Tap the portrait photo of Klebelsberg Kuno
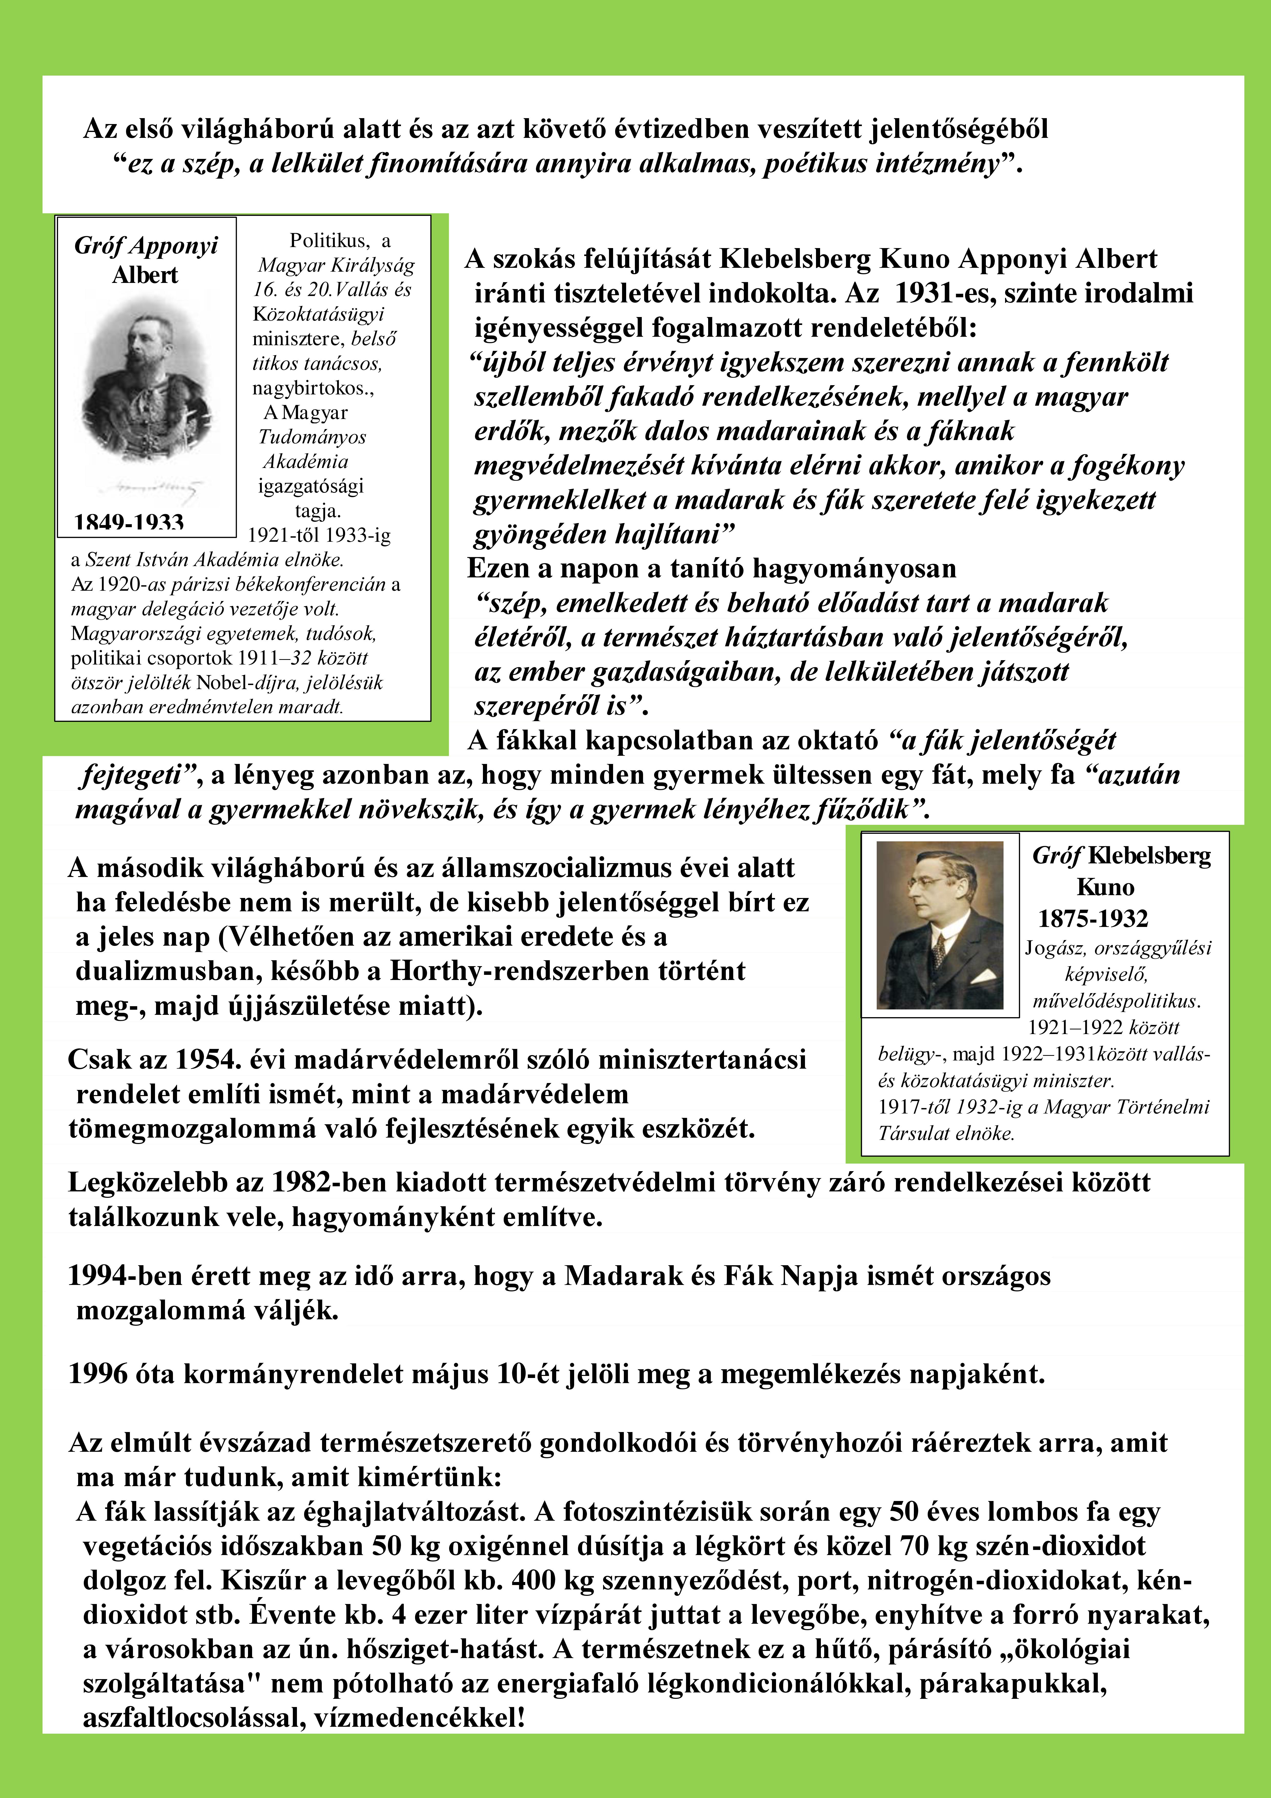tap(940, 925)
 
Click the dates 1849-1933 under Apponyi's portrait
tap(129, 522)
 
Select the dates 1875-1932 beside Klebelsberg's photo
tap(1093, 918)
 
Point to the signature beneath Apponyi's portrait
tap(149, 487)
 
